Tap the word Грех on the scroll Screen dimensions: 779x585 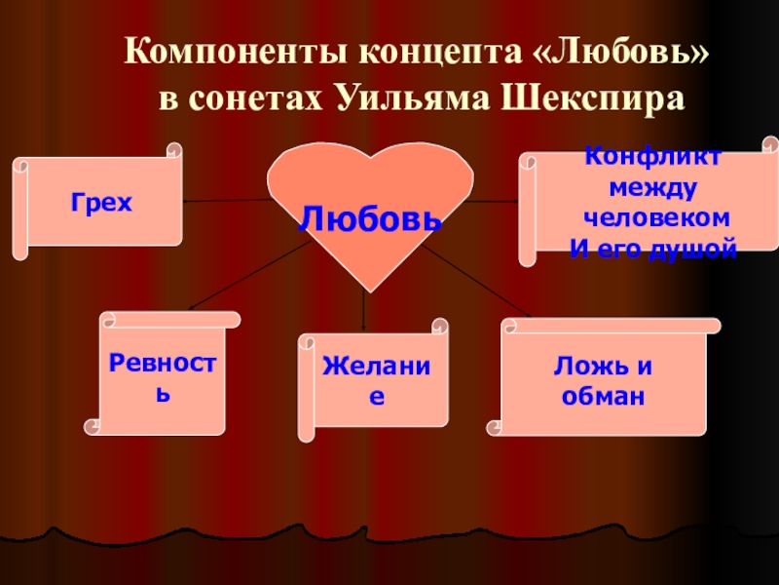click(x=100, y=203)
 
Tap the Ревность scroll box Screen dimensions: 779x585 click(x=162, y=375)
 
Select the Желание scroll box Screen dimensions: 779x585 click(x=375, y=380)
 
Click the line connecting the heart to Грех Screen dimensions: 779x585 click(x=224, y=201)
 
